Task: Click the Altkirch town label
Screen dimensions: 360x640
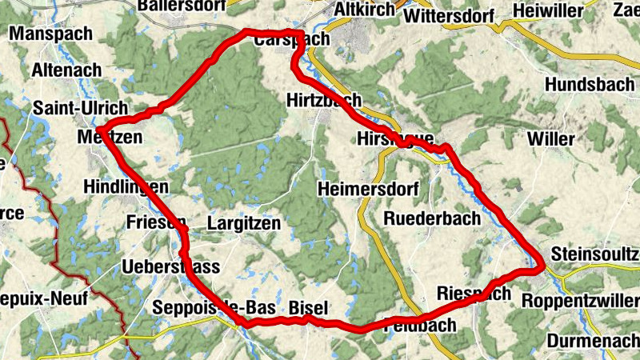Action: tap(365, 9)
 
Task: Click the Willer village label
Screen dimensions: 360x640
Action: tap(550, 138)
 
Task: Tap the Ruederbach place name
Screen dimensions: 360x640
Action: tap(432, 218)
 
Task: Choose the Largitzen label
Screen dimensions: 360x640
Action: tap(244, 223)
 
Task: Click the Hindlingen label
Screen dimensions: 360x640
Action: tap(126, 187)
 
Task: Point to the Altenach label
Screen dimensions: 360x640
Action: tap(67, 70)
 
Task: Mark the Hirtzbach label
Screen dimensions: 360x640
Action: tap(323, 100)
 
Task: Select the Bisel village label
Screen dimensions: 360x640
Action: tap(308, 308)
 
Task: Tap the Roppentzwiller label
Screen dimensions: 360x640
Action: tap(580, 301)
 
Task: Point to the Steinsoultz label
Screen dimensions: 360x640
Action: tap(596, 254)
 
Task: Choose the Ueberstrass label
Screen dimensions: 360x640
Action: tap(171, 266)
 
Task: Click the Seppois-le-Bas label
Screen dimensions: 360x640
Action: tap(214, 308)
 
